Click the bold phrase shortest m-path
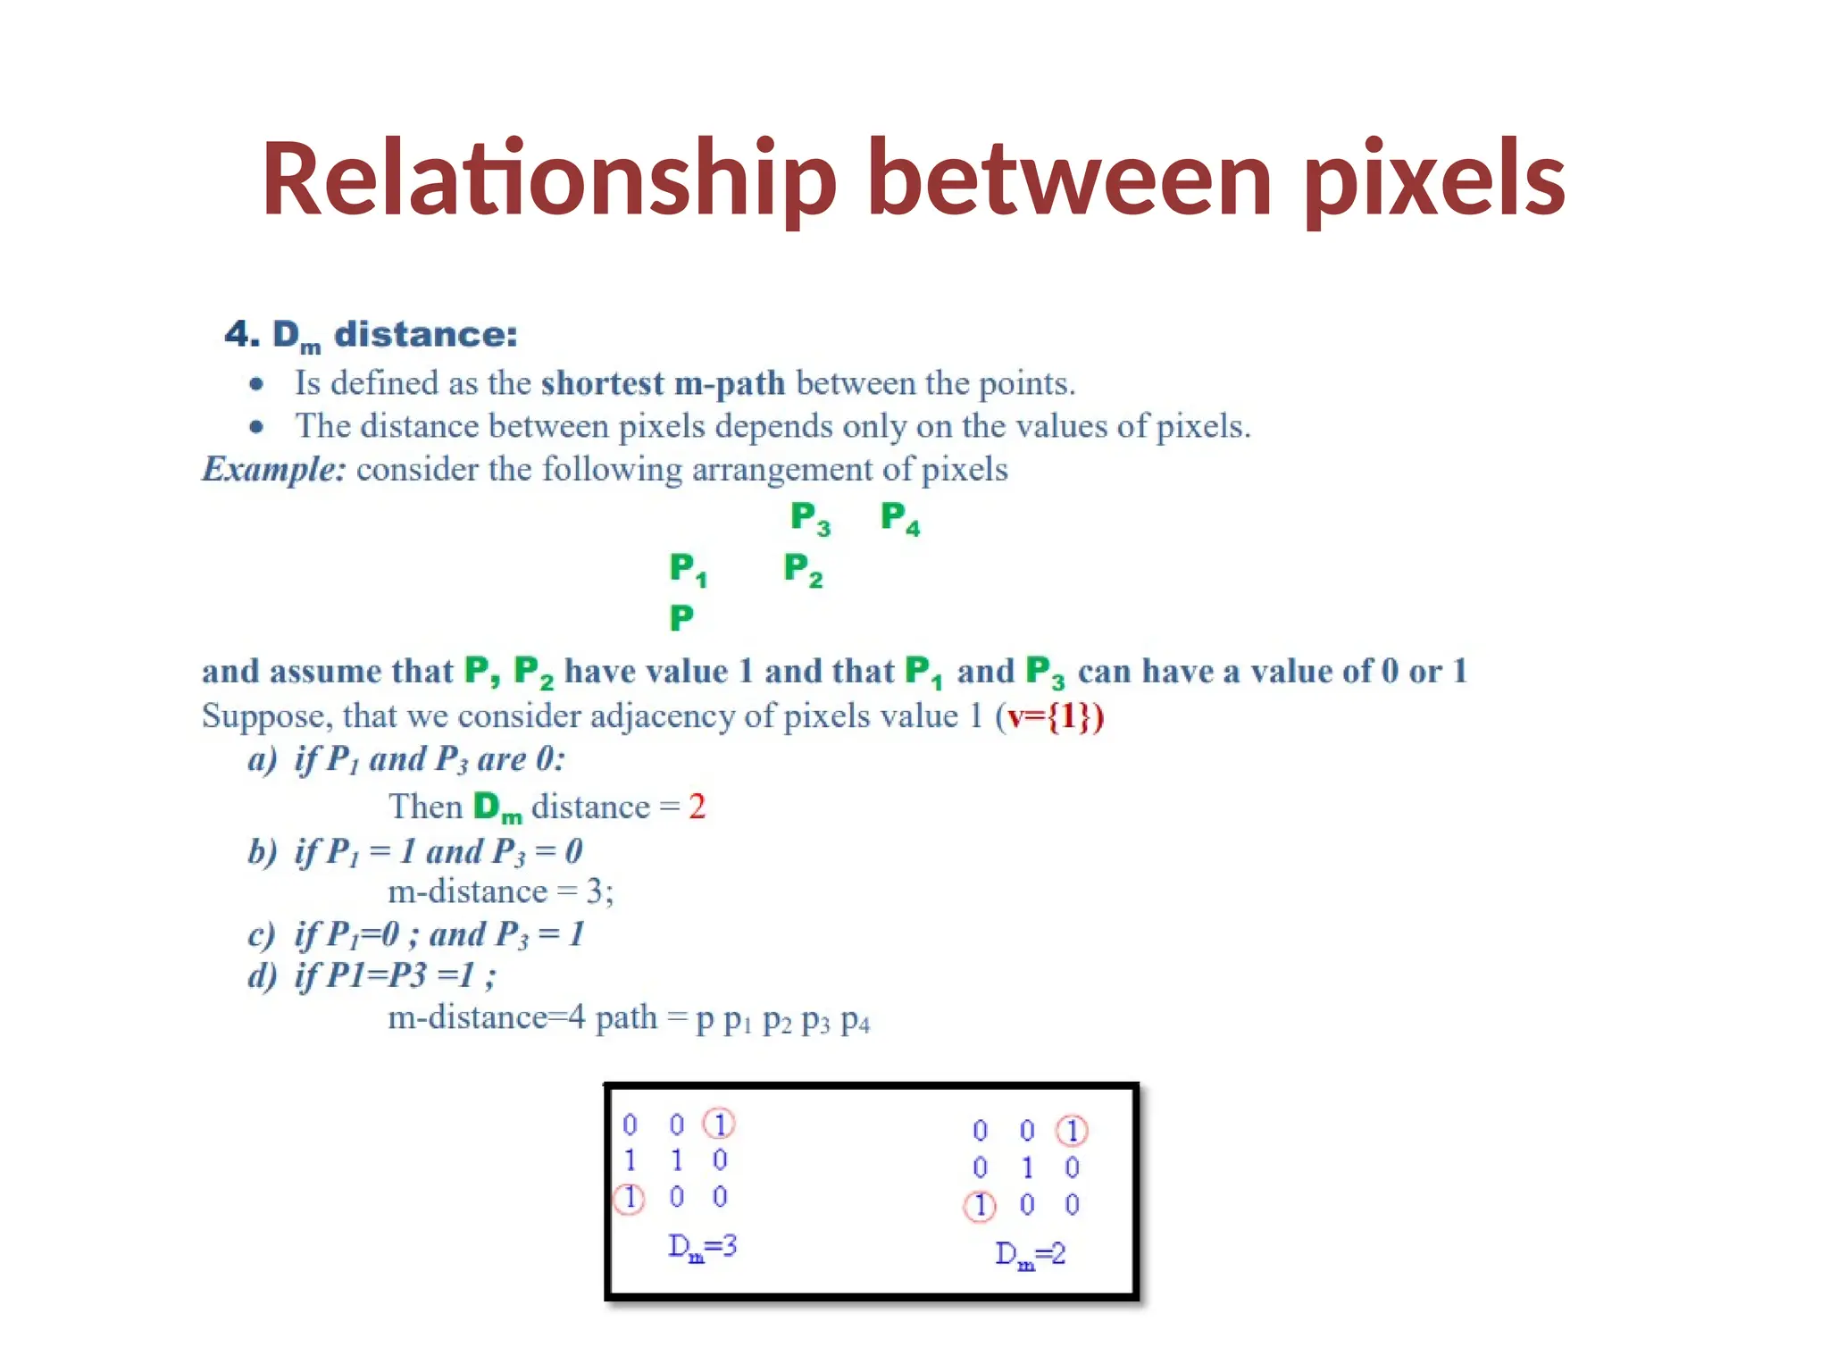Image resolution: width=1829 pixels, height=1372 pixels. tap(663, 383)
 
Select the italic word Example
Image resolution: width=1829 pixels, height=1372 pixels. tap(273, 469)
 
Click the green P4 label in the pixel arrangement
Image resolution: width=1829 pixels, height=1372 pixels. tap(899, 517)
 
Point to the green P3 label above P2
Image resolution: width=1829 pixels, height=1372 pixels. tap(810, 518)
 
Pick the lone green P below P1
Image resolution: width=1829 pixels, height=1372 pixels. tap(681, 617)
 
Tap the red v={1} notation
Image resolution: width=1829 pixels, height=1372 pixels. tap(1051, 716)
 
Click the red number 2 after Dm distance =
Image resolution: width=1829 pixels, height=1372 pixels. tap(697, 807)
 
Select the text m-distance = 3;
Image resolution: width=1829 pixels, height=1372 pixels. tap(500, 891)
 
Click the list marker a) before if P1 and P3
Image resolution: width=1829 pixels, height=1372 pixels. tap(263, 760)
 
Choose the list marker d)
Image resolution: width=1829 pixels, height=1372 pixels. tap(263, 975)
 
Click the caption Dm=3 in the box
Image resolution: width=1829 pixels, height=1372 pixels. tap(702, 1246)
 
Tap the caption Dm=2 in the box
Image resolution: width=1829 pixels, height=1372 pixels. tap(1030, 1254)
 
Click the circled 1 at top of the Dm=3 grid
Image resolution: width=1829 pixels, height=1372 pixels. tap(719, 1124)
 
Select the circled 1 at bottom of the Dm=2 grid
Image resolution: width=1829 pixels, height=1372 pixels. tap(980, 1206)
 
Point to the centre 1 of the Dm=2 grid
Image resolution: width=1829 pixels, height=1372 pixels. tap(1027, 1167)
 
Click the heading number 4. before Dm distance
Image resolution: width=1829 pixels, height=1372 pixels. tap(242, 335)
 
